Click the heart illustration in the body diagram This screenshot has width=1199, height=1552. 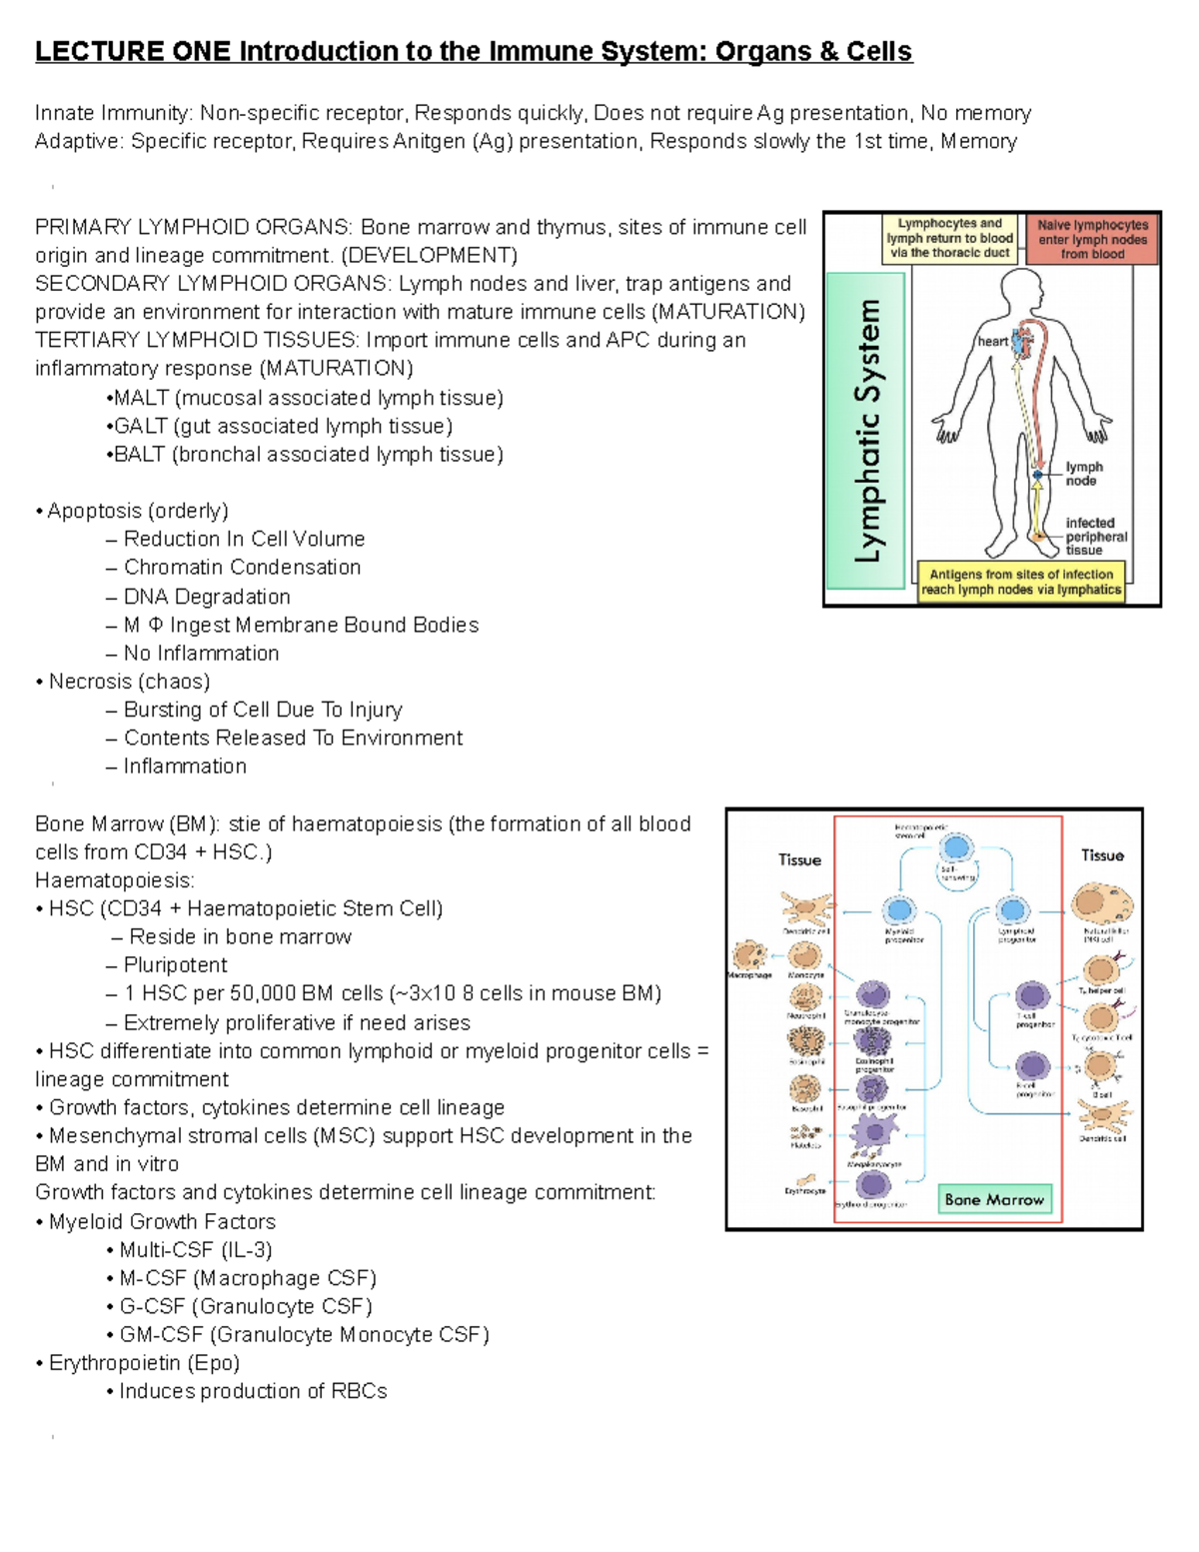[1021, 343]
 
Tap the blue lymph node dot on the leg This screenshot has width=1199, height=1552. [1039, 476]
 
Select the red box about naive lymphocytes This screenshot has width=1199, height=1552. [1092, 240]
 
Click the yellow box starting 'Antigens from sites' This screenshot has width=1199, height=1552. [1021, 582]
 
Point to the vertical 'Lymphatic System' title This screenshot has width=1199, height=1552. [867, 431]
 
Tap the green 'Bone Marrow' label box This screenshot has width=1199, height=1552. [993, 1199]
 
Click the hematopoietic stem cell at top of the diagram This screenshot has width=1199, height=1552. [956, 847]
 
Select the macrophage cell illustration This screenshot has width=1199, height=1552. [748, 954]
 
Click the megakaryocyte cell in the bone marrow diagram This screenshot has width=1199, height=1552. [874, 1133]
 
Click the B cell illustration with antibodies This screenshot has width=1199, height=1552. [1100, 1066]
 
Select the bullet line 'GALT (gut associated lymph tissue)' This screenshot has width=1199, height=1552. [283, 426]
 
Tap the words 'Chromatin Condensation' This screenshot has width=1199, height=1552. [242, 567]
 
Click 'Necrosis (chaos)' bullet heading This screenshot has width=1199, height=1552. [129, 681]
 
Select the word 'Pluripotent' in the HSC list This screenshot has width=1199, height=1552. [175, 964]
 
